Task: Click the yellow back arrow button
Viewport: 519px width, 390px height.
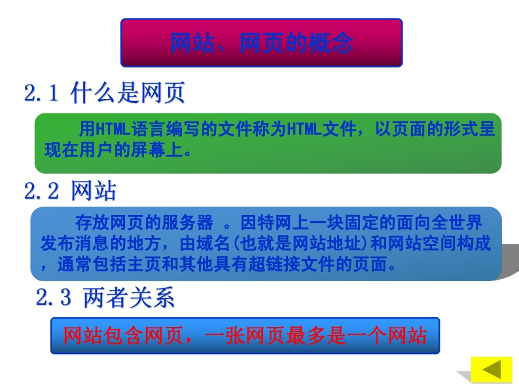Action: [x=492, y=370]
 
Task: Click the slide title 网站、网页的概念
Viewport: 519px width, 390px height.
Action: [x=262, y=43]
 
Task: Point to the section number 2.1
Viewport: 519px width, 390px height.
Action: [x=41, y=92]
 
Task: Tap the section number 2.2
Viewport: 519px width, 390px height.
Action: [x=41, y=191]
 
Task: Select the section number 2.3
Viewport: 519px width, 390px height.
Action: [x=54, y=297]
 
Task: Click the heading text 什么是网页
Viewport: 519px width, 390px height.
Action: [x=128, y=92]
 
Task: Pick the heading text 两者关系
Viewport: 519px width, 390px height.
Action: [x=129, y=297]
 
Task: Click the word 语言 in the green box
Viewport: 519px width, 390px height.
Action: [x=149, y=129]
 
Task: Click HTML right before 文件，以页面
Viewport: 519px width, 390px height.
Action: [x=304, y=129]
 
